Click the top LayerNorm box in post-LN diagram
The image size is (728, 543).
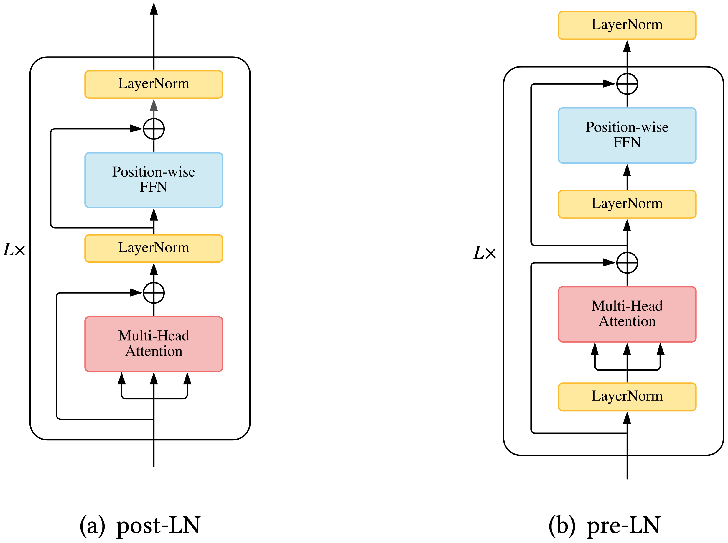[x=154, y=84]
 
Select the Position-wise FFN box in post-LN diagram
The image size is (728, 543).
[x=154, y=180]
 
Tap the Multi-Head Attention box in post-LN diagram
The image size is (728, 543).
[x=154, y=344]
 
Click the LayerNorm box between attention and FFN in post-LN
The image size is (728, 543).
[x=154, y=248]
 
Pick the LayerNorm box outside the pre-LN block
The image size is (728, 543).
[x=627, y=25]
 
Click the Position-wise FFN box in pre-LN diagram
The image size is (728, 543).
[x=627, y=135]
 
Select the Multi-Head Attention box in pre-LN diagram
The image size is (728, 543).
[x=627, y=314]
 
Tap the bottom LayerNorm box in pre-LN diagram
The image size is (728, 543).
[x=627, y=396]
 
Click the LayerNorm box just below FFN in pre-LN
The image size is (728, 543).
[x=627, y=204]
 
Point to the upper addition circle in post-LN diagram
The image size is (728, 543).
[x=154, y=129]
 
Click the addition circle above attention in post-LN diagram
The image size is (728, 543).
[x=154, y=292]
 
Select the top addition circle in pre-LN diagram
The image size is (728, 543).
[x=627, y=83]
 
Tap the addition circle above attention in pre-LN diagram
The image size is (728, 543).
[x=627, y=262]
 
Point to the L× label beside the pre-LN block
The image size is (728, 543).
[x=485, y=252]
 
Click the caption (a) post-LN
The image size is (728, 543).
[x=140, y=525]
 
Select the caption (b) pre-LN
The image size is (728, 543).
[x=604, y=525]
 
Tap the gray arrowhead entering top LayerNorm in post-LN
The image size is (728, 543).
[x=154, y=105]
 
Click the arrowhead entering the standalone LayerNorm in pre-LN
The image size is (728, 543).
[x=627, y=46]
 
